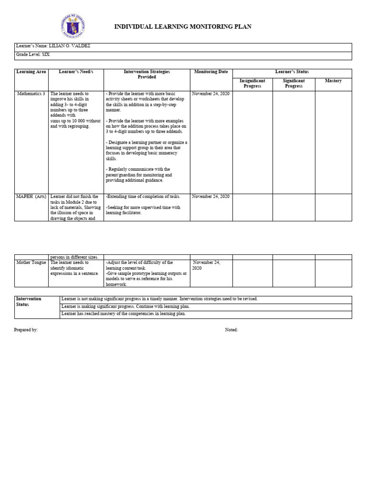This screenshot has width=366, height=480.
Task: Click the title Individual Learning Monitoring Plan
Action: [x=183, y=27]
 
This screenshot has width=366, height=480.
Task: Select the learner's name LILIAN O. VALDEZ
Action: [x=70, y=46]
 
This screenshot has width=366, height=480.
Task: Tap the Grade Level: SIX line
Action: [x=33, y=54]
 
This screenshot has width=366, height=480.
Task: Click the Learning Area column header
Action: [x=31, y=72]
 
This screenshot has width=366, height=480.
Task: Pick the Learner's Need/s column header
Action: [x=76, y=72]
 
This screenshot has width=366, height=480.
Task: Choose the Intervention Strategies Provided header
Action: [x=147, y=74]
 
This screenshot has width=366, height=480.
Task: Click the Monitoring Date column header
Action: [x=211, y=72]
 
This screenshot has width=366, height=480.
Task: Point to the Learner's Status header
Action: [x=292, y=72]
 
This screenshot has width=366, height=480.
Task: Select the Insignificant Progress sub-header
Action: [x=252, y=83]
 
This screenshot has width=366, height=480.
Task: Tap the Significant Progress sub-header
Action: [x=294, y=83]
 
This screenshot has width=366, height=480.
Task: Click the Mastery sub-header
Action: [x=333, y=81]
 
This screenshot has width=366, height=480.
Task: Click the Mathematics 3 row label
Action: [x=31, y=94]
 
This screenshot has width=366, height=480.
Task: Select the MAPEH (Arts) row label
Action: [x=31, y=197]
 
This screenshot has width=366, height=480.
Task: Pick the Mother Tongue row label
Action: [x=31, y=262]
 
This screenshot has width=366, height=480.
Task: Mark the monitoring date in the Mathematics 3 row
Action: [x=211, y=94]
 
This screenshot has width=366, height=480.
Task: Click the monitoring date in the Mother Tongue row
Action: [x=206, y=265]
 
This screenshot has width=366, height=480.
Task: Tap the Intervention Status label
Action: [x=29, y=302]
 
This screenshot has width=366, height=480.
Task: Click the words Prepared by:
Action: [x=26, y=330]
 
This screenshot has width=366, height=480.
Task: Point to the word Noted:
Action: [x=231, y=330]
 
